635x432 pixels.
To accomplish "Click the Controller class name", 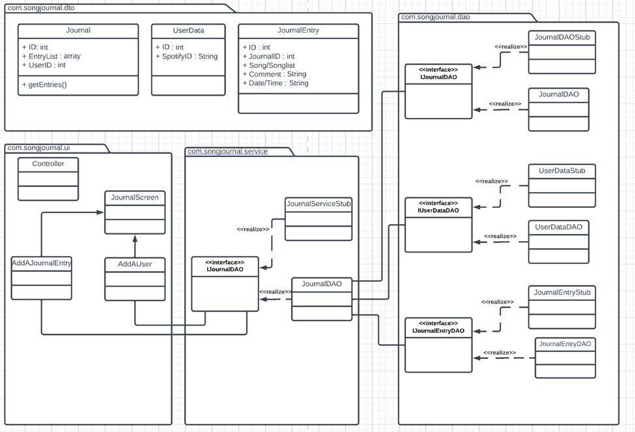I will (48, 164).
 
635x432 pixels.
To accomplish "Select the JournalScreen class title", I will (134, 197).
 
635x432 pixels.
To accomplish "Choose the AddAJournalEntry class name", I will (42, 263).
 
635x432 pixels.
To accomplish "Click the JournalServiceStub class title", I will (318, 204).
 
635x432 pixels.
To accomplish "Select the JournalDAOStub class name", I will (562, 37).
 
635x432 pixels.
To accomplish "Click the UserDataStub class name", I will (561, 171).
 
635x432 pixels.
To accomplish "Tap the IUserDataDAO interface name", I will (438, 210).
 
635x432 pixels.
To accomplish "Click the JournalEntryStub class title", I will (561, 293).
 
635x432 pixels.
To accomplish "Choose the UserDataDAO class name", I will (561, 227).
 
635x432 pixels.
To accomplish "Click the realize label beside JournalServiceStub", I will (253, 229).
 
